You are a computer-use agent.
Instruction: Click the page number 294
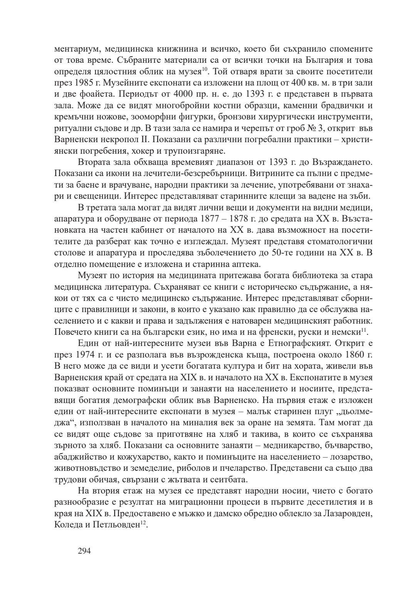coord(84,551)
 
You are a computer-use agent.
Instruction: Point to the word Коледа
coord(67,526)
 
